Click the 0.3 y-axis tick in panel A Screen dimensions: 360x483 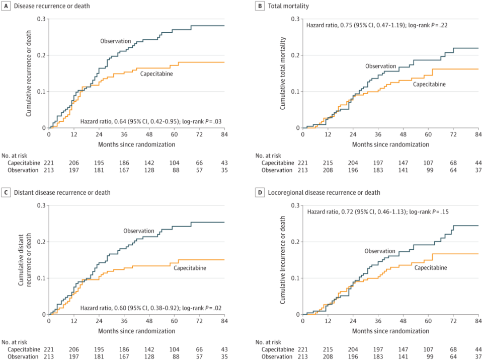[40, 19]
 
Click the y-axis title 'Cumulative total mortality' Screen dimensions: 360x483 [283, 73]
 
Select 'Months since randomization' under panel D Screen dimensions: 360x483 [390, 331]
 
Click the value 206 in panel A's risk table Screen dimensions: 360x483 [74, 163]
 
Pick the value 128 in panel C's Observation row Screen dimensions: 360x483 [149, 357]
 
